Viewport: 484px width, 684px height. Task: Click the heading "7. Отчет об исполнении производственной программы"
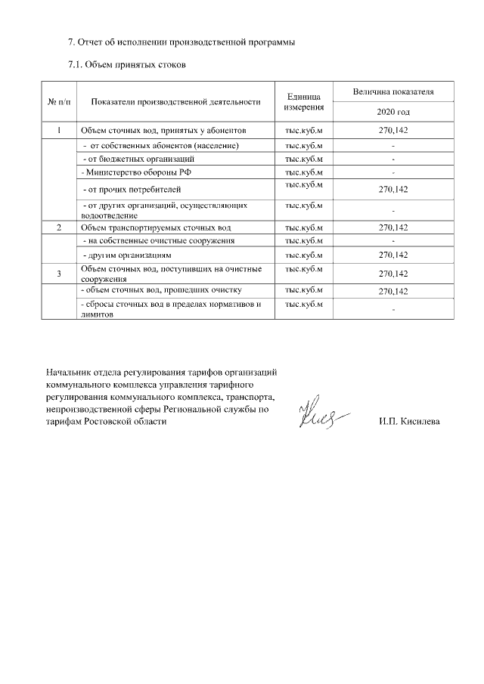point(181,42)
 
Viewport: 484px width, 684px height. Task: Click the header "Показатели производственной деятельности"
point(175,101)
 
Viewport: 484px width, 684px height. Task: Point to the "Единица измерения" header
point(304,101)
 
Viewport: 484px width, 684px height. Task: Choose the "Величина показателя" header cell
point(393,91)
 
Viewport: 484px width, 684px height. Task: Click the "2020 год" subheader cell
point(393,111)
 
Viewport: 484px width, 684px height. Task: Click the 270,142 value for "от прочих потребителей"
point(393,190)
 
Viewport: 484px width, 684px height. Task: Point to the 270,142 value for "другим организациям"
point(393,255)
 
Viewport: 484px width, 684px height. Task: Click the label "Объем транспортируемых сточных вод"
point(155,227)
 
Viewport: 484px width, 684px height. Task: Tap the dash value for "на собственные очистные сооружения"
point(393,241)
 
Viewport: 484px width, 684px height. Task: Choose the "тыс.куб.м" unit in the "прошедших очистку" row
point(304,290)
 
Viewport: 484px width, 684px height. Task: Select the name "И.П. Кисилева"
point(409,422)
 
